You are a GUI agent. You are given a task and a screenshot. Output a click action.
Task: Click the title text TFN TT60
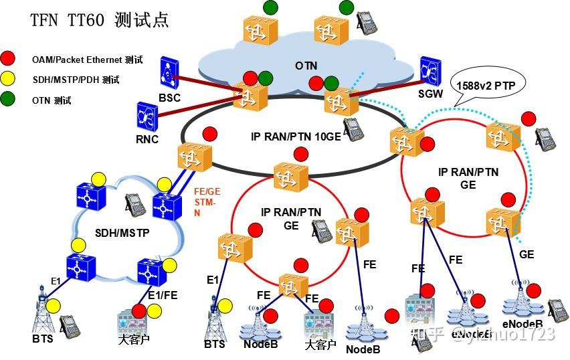pos(67,19)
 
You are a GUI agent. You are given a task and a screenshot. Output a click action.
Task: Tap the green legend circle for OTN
pos(9,100)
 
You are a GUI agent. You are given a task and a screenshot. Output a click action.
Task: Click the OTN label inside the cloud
pos(306,66)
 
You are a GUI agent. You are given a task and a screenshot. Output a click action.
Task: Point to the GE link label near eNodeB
pos(527,254)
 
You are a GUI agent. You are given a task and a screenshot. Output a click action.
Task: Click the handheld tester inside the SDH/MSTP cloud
pos(136,205)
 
